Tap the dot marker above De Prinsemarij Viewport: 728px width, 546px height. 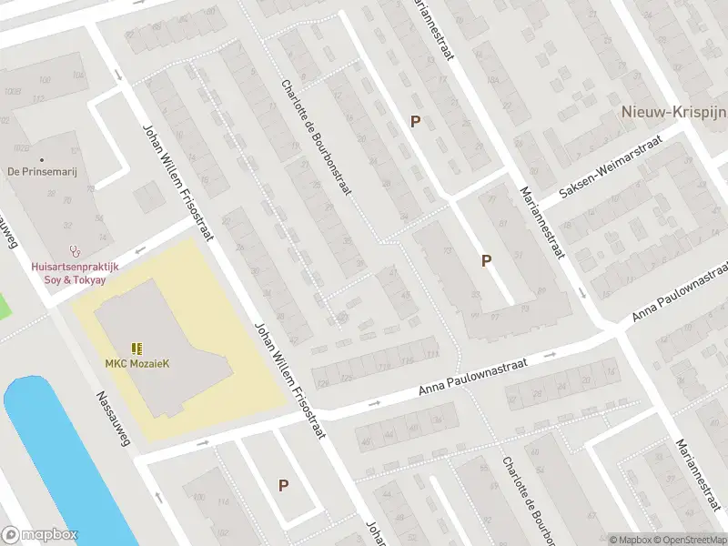click(41, 159)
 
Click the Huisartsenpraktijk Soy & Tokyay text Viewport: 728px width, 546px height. click(69, 273)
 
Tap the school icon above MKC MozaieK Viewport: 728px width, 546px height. click(136, 349)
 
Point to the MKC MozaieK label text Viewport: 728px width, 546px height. click(137, 364)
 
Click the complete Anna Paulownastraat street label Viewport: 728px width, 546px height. click(486, 377)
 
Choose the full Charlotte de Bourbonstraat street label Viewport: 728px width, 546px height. click(316, 136)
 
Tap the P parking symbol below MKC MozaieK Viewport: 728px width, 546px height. click(284, 486)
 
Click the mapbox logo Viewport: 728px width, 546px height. click(40, 535)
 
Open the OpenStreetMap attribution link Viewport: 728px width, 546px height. click(689, 540)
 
